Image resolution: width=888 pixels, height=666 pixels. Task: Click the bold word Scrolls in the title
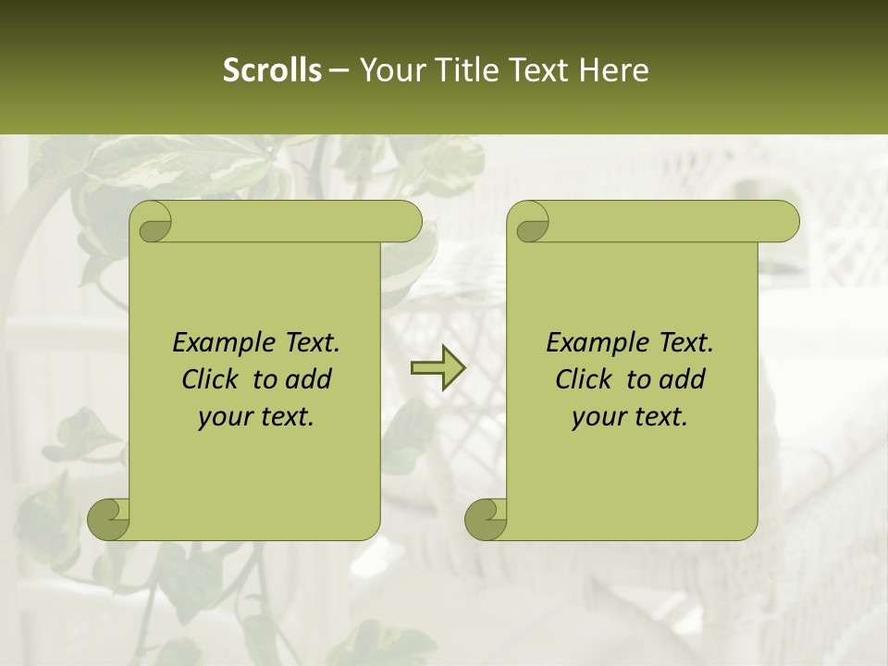[272, 70]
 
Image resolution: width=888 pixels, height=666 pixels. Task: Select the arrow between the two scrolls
[438, 368]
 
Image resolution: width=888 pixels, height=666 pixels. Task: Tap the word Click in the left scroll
[213, 379]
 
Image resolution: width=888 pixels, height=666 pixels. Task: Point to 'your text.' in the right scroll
[629, 417]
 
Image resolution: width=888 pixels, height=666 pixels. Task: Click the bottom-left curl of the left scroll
[109, 518]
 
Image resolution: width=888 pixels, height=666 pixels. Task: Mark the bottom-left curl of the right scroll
[486, 518]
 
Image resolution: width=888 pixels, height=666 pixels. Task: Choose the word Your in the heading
[392, 70]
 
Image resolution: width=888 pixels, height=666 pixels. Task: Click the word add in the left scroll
[307, 379]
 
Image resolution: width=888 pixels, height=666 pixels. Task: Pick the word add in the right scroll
[681, 379]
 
